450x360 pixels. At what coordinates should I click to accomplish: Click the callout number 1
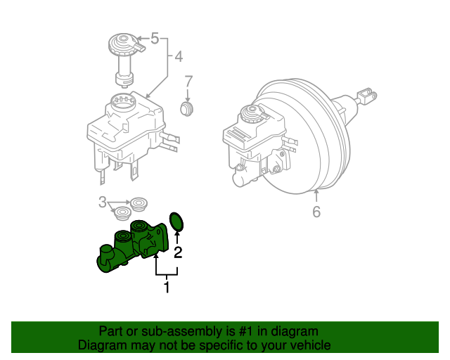167,287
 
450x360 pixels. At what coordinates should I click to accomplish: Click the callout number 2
179,252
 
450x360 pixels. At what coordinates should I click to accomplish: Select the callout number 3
103,203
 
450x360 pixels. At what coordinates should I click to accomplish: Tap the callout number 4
179,56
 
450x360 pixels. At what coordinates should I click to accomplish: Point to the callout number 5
155,39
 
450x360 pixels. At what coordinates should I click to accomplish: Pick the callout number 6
316,211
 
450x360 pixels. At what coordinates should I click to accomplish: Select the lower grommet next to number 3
123,213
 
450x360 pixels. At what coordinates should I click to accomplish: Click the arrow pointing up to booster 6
316,195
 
